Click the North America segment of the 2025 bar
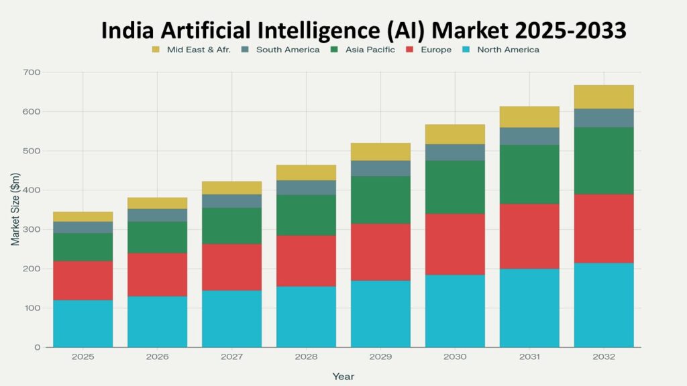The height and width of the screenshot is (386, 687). pyautogui.click(x=83, y=324)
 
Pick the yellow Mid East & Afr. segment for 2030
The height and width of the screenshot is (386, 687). pyautogui.click(x=455, y=134)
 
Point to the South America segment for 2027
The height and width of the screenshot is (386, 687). pyautogui.click(x=232, y=201)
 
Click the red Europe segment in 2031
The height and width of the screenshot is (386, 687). pyautogui.click(x=529, y=236)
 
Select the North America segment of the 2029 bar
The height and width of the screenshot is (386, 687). pyautogui.click(x=381, y=314)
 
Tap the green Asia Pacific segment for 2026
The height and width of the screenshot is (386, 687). pyautogui.click(x=158, y=237)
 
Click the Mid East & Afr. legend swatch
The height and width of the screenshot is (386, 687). pyautogui.click(x=156, y=50)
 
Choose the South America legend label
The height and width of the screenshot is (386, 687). pyautogui.click(x=288, y=50)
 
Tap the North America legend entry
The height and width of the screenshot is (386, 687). pyautogui.click(x=508, y=50)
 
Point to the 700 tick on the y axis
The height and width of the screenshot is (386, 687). pyautogui.click(x=32, y=72)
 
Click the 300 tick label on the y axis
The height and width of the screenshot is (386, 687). pyautogui.click(x=32, y=230)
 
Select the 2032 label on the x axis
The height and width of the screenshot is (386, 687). pyautogui.click(x=604, y=357)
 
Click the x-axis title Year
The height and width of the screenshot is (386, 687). pyautogui.click(x=343, y=377)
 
